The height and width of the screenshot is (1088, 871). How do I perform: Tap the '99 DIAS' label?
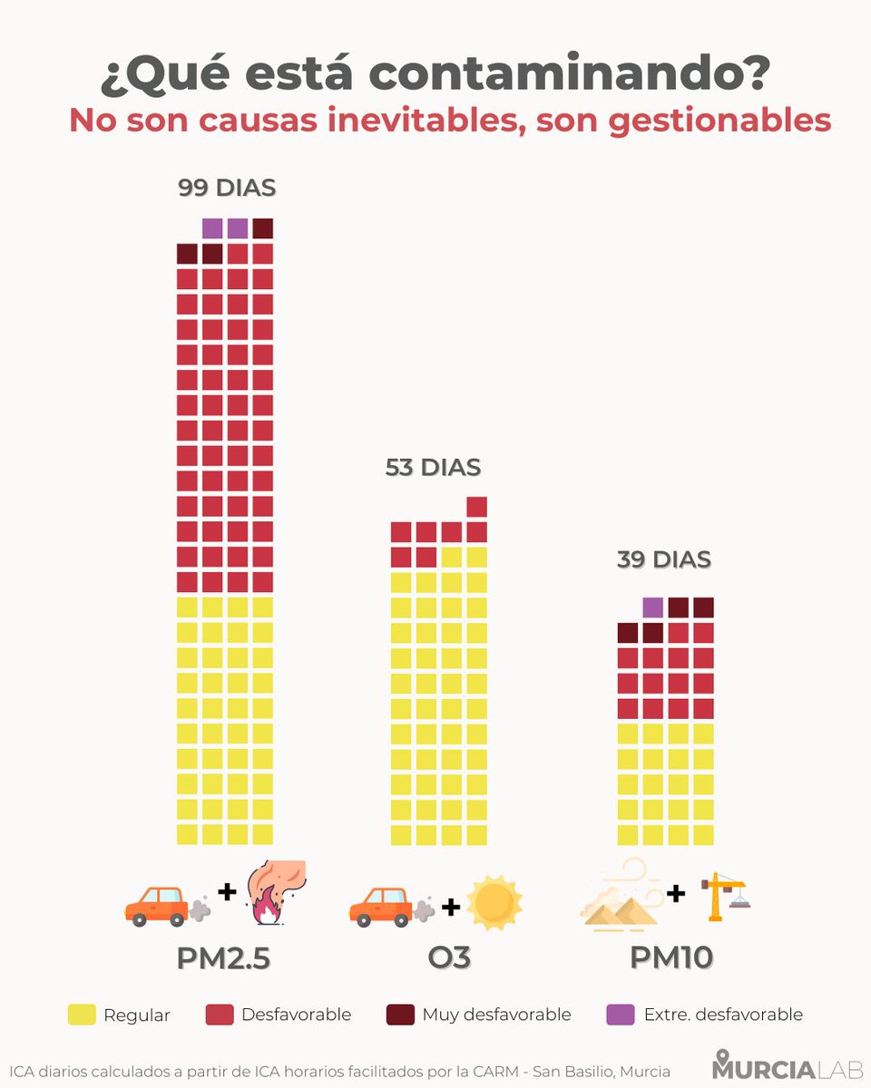point(226,189)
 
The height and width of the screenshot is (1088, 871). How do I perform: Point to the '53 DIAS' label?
point(433,468)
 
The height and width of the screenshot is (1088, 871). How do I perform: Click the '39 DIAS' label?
point(663,559)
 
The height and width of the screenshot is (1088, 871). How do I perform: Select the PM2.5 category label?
point(224,958)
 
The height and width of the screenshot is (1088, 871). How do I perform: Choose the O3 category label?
point(448,958)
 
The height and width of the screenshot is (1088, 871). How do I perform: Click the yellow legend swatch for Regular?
point(82,1015)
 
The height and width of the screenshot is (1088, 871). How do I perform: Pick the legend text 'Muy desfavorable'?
point(496,1015)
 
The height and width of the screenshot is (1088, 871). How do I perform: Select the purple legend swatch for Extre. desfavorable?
point(620,1015)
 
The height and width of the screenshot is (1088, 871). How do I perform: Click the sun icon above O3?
point(494,903)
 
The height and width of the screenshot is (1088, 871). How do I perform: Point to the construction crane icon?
point(727,896)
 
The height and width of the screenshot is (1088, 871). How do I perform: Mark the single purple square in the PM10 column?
point(652,607)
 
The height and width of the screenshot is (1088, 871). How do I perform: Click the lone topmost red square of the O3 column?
point(476,507)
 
